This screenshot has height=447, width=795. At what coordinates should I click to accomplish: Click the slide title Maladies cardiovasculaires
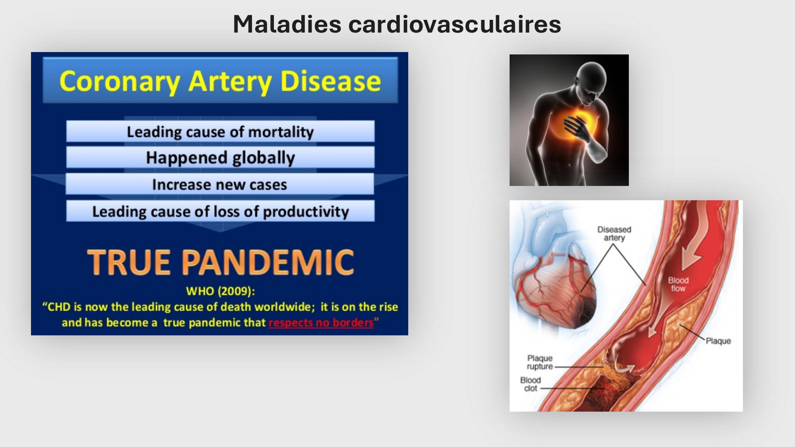click(x=397, y=24)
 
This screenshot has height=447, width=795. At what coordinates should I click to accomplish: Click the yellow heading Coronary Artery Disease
click(x=220, y=81)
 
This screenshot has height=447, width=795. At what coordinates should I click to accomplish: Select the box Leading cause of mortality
click(x=220, y=132)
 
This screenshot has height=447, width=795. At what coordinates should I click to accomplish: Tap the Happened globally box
click(x=220, y=158)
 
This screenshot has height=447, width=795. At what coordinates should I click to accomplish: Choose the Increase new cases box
click(x=220, y=184)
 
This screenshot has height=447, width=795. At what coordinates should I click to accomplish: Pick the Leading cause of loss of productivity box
click(x=220, y=211)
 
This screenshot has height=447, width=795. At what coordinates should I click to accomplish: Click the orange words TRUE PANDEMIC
click(x=221, y=262)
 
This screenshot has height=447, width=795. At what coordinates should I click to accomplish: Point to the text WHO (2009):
click(x=220, y=291)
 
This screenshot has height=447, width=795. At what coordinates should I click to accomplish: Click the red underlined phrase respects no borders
click(x=321, y=323)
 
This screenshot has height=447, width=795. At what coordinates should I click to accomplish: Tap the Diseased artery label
click(x=614, y=234)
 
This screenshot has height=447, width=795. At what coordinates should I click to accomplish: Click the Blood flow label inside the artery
click(x=678, y=284)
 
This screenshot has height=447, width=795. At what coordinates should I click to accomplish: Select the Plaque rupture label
click(x=540, y=362)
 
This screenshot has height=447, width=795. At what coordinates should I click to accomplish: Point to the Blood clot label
click(x=530, y=384)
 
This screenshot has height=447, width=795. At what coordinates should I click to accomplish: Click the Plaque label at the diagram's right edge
click(x=718, y=341)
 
